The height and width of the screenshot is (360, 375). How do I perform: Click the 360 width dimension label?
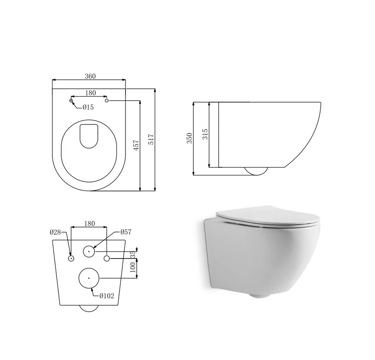tap(90, 76)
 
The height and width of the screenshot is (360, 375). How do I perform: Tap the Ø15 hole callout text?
tap(88, 107)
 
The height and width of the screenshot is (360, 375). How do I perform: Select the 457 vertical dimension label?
tap(136, 145)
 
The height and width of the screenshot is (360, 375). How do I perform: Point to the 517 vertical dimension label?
tap(151, 139)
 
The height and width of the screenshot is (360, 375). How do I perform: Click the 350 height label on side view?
tap(189, 138)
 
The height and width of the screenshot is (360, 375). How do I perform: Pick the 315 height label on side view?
tap(205, 134)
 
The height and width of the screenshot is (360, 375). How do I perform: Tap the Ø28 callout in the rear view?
tap(55, 232)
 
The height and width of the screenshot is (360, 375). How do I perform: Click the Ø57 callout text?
tap(126, 232)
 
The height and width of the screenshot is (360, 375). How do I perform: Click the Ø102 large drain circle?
tap(89, 278)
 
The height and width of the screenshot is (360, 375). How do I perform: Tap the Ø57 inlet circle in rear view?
tap(89, 252)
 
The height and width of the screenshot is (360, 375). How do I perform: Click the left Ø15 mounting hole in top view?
tap(71, 100)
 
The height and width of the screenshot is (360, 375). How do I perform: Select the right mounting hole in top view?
tap(107, 100)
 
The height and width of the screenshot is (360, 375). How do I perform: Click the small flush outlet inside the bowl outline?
tap(89, 135)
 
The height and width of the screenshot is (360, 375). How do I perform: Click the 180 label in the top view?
tap(90, 93)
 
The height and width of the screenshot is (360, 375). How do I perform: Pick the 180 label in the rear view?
tap(89, 224)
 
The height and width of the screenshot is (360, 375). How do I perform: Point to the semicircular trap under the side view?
tap(255, 171)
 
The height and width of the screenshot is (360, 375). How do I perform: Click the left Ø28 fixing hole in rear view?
tap(71, 258)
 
